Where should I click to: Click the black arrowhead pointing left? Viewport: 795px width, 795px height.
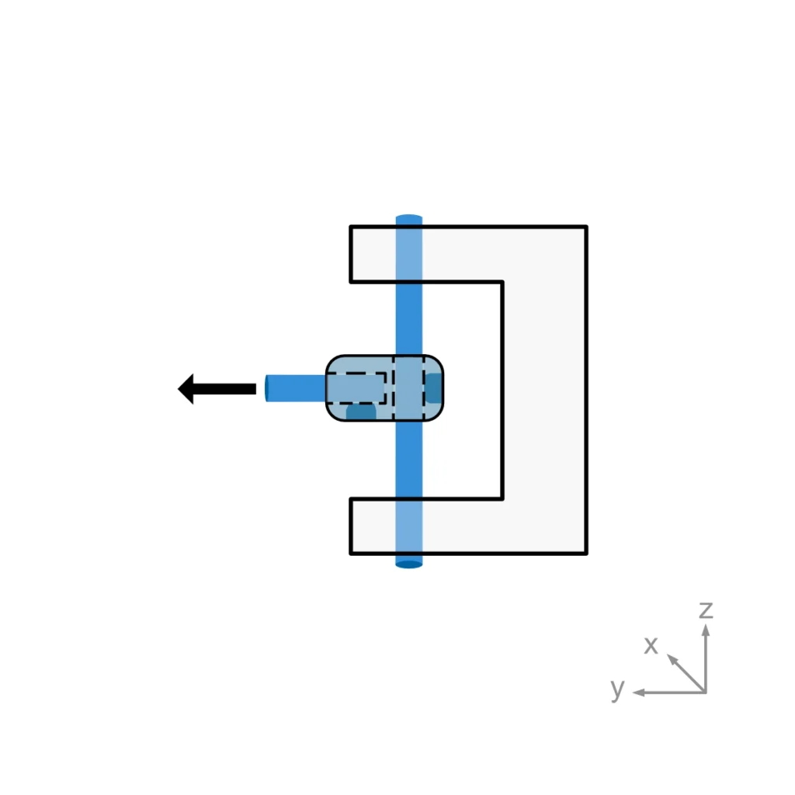point(187,389)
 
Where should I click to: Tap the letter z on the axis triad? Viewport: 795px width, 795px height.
point(705,610)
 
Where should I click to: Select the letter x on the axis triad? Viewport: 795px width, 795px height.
point(651,645)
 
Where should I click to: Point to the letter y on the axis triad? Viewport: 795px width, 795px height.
point(617,688)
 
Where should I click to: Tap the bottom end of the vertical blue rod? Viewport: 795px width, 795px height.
point(409,563)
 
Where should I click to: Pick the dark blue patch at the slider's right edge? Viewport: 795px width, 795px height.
point(433,387)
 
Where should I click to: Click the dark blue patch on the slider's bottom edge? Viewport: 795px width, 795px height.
point(361,411)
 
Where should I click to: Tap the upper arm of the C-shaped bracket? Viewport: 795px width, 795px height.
point(466,254)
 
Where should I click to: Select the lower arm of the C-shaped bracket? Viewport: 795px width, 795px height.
point(466,526)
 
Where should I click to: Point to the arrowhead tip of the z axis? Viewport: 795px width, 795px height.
point(705,626)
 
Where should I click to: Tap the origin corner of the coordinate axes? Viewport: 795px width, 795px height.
point(705,692)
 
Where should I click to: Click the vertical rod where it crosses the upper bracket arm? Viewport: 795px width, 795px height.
point(409,254)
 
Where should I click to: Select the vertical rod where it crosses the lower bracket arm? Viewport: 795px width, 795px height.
point(409,526)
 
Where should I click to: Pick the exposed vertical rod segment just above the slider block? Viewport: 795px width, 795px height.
point(409,318)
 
